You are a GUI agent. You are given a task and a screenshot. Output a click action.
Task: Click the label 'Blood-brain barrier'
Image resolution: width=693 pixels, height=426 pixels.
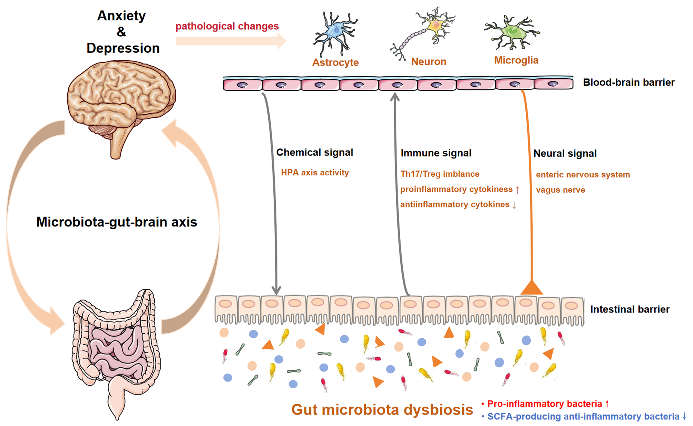click(x=628, y=83)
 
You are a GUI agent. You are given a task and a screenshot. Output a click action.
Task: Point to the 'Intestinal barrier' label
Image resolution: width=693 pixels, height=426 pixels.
click(x=629, y=309)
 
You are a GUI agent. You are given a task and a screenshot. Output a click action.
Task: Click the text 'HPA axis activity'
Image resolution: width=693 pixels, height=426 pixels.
click(x=315, y=173)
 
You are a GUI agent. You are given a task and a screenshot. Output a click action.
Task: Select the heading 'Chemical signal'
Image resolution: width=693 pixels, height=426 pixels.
click(x=314, y=153)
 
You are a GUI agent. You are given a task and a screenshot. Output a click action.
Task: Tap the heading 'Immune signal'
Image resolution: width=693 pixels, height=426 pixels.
click(x=436, y=153)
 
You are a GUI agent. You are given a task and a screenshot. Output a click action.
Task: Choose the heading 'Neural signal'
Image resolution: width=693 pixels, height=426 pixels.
click(x=565, y=154)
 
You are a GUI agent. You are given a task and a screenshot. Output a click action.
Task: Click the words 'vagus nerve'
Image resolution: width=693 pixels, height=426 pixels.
click(x=560, y=190)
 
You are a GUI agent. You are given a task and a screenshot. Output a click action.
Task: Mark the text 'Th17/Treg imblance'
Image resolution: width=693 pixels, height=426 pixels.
click(x=440, y=174)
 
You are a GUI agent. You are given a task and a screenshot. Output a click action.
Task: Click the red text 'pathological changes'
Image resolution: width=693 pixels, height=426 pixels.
click(x=227, y=26)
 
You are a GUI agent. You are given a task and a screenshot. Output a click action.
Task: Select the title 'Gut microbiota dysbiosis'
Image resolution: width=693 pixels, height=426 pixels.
click(x=382, y=410)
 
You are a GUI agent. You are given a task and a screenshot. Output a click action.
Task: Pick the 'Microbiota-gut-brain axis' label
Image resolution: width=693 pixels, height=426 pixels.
click(x=117, y=222)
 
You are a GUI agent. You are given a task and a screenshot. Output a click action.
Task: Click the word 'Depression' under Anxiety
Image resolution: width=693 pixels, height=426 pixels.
click(x=123, y=48)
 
